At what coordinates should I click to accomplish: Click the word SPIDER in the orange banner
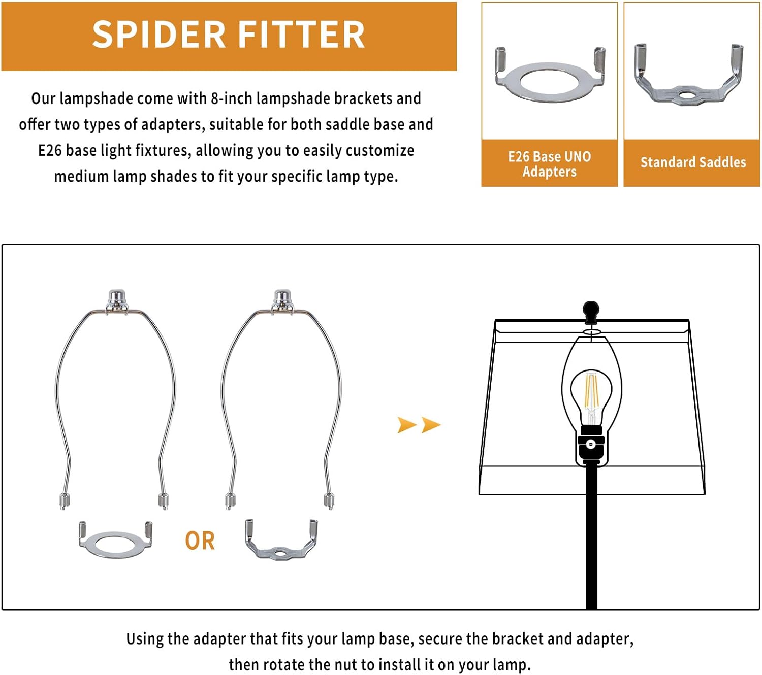[158, 35]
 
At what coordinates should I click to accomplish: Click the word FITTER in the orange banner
[302, 35]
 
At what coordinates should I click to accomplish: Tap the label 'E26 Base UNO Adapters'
[549, 164]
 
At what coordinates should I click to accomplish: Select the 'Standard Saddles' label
[693, 162]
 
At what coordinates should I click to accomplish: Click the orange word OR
[200, 541]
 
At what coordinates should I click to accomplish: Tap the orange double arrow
[419, 425]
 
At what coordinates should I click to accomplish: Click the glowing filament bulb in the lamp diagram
[591, 397]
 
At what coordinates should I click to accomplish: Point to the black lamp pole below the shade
[591, 537]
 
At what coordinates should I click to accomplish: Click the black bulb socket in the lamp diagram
[591, 446]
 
